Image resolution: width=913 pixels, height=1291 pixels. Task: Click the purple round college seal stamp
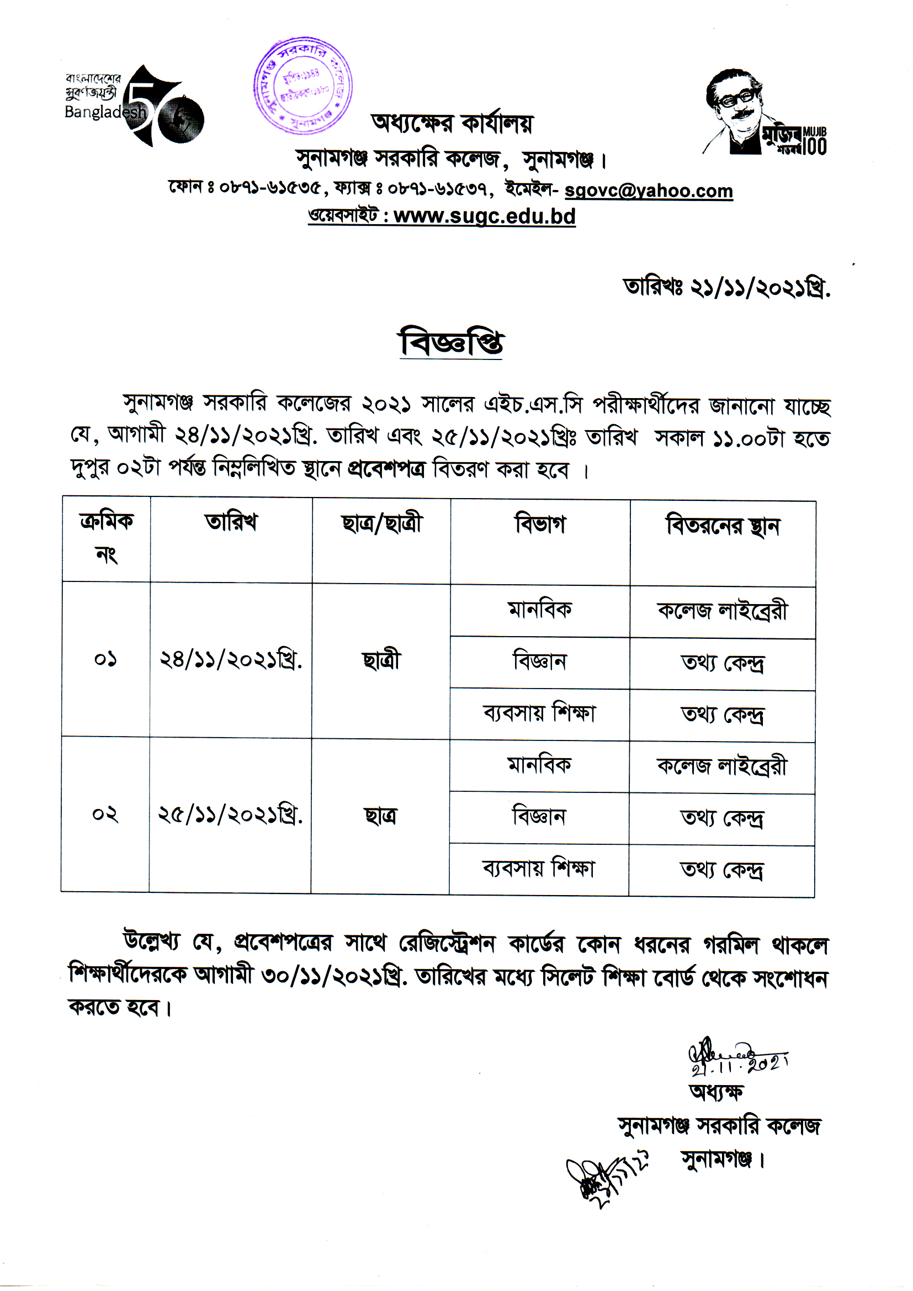[x=302, y=86]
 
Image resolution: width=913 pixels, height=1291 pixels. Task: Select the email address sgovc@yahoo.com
[x=648, y=191]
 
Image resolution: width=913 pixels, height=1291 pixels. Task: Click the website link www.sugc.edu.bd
[x=484, y=216]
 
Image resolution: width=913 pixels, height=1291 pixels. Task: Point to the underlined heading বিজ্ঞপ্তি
[x=451, y=342]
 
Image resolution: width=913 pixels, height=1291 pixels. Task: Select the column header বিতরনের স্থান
[x=723, y=526]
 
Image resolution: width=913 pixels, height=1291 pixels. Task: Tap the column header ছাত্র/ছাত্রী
[x=381, y=524]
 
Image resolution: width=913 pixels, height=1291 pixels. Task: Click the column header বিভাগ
[x=540, y=525]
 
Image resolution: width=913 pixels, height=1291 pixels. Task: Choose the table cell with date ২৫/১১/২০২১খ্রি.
[x=230, y=815]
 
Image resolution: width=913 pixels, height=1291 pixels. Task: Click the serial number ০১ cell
[x=105, y=659]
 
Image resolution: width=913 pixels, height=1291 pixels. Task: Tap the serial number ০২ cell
[x=105, y=814]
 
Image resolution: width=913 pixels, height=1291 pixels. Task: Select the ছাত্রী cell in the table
[x=381, y=660]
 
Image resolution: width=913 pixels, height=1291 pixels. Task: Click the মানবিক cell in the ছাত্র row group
[x=539, y=765]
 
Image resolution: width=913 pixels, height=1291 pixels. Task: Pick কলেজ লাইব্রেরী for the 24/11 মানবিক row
[x=723, y=611]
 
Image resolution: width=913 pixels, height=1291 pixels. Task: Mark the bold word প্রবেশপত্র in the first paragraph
[x=387, y=468]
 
